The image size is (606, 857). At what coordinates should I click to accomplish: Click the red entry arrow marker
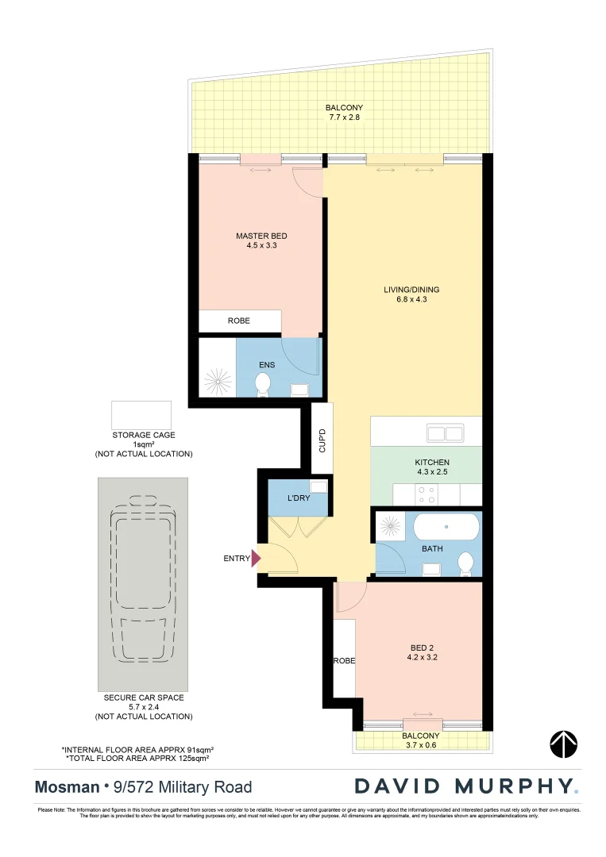pos(256,559)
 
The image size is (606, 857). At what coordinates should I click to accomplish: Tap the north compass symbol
pos(563,744)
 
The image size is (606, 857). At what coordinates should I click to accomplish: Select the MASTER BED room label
pos(261,236)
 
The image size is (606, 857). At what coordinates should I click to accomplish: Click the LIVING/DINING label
pos(411,290)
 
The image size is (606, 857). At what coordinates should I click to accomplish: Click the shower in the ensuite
pos(216,381)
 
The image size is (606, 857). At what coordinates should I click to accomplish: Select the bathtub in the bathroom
pos(445,526)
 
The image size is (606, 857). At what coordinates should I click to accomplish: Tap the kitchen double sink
pos(445,433)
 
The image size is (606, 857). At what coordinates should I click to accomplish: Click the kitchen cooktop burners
pos(425,495)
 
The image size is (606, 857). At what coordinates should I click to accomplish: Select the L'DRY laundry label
pos(299,498)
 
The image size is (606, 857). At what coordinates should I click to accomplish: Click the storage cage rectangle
pos(141,415)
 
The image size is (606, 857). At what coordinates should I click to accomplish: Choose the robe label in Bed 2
pos(344,660)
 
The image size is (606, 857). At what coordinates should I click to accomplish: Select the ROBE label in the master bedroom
pos(238,321)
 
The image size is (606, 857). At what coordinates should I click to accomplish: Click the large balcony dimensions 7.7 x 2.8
pos(344,117)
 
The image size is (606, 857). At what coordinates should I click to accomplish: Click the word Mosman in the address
pos(65,787)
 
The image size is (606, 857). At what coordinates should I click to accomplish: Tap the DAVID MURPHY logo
pos(466,786)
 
